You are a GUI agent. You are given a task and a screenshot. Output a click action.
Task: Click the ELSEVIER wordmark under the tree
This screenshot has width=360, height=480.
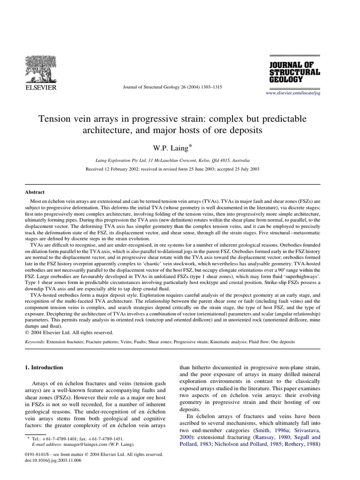pyautogui.click(x=40, y=88)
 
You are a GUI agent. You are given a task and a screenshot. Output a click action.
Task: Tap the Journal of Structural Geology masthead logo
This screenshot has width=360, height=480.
pyautogui.click(x=294, y=72)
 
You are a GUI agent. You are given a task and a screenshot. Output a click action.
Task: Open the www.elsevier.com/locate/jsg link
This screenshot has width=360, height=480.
pyautogui.click(x=293, y=93)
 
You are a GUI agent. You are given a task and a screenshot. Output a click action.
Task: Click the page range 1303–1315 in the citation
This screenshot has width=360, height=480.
pyautogui.click(x=209, y=87)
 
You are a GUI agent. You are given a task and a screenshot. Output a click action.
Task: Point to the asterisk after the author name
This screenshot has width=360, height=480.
pyautogui.click(x=191, y=146)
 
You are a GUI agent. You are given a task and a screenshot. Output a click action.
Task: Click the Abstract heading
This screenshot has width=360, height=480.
pyautogui.click(x=35, y=192)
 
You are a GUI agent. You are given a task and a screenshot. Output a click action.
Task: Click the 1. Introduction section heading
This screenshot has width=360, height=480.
pyautogui.click(x=44, y=367)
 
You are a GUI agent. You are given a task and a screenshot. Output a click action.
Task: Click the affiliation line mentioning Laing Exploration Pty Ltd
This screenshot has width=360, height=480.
pyautogui.click(x=172, y=160)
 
